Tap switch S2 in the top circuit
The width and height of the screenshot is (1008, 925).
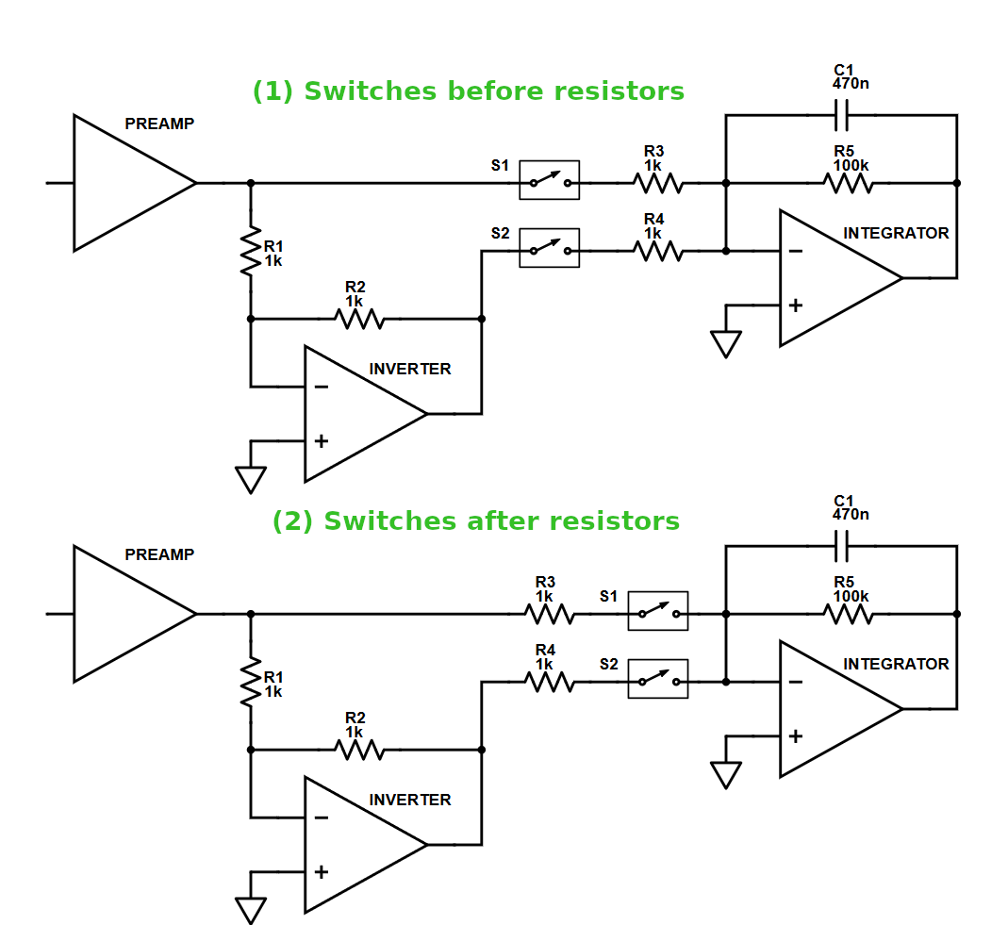(549, 250)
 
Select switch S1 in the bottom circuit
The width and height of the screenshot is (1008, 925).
(657, 613)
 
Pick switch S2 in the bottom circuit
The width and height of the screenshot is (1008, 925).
(657, 681)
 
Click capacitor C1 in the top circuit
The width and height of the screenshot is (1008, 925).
(842, 116)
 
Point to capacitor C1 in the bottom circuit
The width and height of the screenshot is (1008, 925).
(842, 546)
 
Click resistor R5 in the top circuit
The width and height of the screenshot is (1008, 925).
(849, 183)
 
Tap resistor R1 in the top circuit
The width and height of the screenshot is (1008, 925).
(250, 250)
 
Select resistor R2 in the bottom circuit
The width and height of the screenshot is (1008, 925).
(359, 750)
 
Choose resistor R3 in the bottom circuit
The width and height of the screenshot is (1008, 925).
(549, 613)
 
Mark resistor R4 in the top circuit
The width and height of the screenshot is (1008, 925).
(657, 250)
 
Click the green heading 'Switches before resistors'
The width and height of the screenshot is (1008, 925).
(468, 91)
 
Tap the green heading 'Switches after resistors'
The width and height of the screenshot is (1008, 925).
(475, 521)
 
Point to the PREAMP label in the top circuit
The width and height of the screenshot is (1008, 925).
(159, 124)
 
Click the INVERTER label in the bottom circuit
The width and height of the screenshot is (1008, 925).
(409, 800)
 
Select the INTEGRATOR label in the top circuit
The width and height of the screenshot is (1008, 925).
(896, 233)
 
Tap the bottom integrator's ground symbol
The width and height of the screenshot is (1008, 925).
(725, 774)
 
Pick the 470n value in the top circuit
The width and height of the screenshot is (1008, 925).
(851, 83)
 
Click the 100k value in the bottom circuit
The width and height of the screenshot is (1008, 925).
(851, 596)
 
